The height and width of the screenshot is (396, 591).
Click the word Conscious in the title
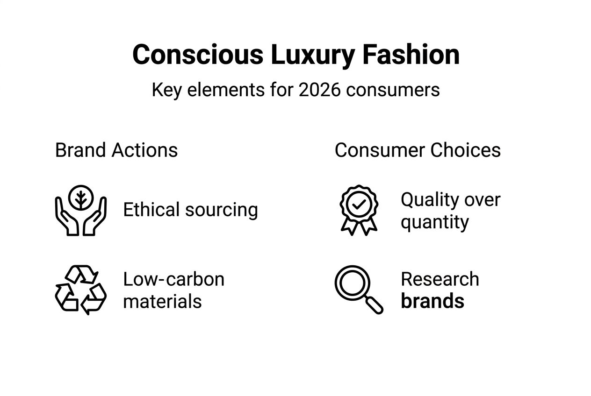pos(198,55)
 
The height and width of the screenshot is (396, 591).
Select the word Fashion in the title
pos(411,55)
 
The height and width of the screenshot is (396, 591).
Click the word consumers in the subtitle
pos(393,90)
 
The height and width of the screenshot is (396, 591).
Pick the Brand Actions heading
pos(116,150)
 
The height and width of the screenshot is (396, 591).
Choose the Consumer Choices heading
pos(418,150)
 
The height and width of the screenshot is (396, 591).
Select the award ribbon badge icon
pos(359,210)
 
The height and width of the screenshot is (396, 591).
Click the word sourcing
pos(222,210)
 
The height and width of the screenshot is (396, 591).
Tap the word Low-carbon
pos(173,279)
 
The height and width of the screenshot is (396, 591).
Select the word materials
pos(162,301)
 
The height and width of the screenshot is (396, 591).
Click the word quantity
pos(434,222)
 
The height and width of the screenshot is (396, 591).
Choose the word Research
pos(440,279)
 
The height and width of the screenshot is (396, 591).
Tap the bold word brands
pos(432,301)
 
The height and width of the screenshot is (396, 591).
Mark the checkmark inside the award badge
pos(359,204)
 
